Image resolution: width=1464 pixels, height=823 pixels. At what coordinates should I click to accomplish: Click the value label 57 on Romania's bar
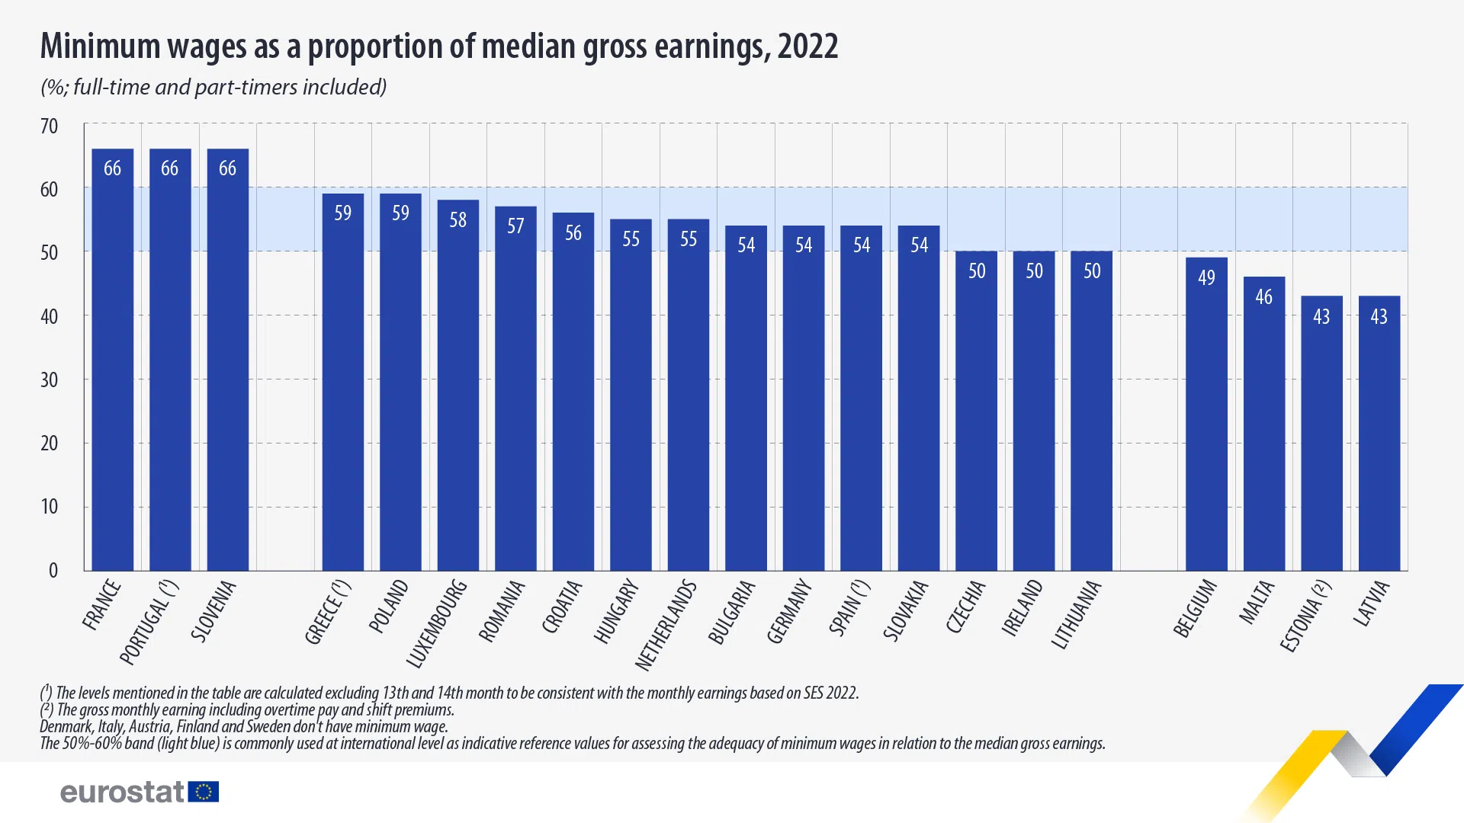515,226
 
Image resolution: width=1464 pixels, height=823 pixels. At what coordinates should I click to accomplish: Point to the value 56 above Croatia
573,233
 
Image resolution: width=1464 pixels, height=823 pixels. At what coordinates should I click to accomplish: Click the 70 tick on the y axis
49,126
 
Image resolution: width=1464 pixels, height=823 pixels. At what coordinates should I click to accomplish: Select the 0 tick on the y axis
53,571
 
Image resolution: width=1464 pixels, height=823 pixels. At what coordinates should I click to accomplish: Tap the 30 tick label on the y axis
49,380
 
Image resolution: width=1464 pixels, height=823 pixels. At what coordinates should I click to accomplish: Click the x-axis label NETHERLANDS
666,625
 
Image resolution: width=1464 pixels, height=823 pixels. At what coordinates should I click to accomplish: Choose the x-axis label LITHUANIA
1076,614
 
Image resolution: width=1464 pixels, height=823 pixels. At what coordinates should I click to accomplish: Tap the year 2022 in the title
807,46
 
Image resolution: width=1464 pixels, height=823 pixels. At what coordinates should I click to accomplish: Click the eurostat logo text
122,793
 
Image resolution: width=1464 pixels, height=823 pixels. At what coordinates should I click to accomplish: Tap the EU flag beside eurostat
204,793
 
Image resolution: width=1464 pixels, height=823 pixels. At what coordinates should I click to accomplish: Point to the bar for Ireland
1033,411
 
